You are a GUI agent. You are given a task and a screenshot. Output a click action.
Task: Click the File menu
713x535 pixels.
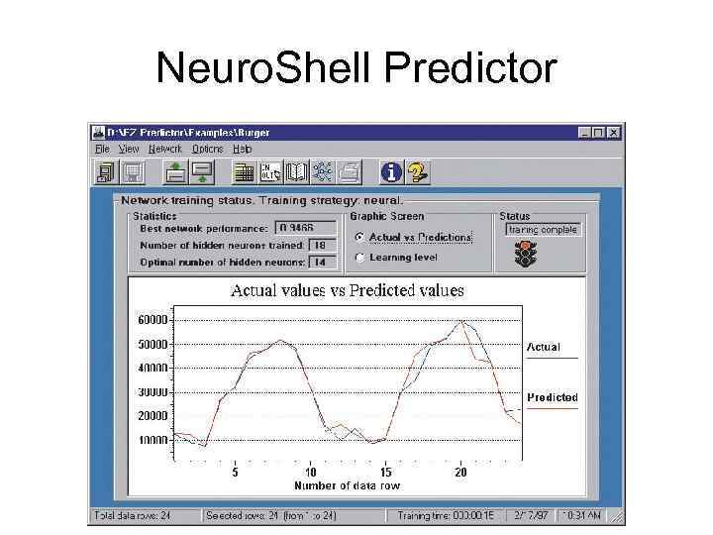(x=102, y=149)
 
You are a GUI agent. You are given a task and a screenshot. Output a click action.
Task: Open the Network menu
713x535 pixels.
(x=165, y=149)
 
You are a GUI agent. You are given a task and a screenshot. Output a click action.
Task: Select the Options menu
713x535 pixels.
(x=207, y=149)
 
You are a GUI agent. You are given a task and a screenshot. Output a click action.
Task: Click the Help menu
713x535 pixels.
(x=243, y=149)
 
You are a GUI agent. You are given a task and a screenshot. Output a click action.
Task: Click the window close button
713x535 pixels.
(x=614, y=132)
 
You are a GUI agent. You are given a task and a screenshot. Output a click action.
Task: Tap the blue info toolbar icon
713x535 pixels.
(x=392, y=172)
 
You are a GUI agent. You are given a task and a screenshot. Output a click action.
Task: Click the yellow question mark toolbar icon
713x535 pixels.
(x=418, y=172)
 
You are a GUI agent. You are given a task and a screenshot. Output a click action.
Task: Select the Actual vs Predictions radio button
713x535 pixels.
(x=359, y=238)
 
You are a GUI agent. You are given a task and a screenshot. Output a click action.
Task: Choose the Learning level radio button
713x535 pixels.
(x=359, y=258)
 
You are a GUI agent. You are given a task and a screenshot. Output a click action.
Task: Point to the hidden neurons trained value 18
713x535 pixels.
(x=322, y=245)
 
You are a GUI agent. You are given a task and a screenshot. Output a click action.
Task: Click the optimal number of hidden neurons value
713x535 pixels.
(x=322, y=262)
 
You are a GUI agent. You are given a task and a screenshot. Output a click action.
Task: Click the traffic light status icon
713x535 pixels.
(x=525, y=256)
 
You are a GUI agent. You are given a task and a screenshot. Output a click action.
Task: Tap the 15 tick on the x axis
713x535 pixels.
(x=385, y=473)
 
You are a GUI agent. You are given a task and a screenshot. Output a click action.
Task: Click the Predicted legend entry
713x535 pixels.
(x=552, y=398)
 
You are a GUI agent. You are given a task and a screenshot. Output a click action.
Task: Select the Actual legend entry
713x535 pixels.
(x=543, y=348)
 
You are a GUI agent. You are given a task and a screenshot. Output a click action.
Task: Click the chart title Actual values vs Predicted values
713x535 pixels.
(x=347, y=291)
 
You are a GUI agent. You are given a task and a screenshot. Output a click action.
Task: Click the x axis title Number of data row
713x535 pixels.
(x=347, y=486)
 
